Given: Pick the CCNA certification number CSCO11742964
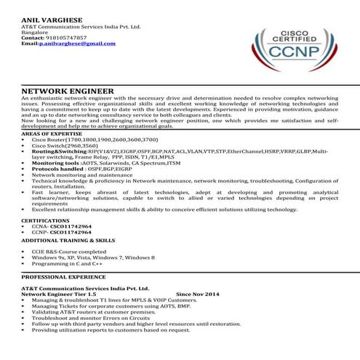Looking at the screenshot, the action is tap(71, 225).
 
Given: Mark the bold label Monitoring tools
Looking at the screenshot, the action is tap(55, 164).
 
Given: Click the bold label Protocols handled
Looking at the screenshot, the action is tap(57, 169).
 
